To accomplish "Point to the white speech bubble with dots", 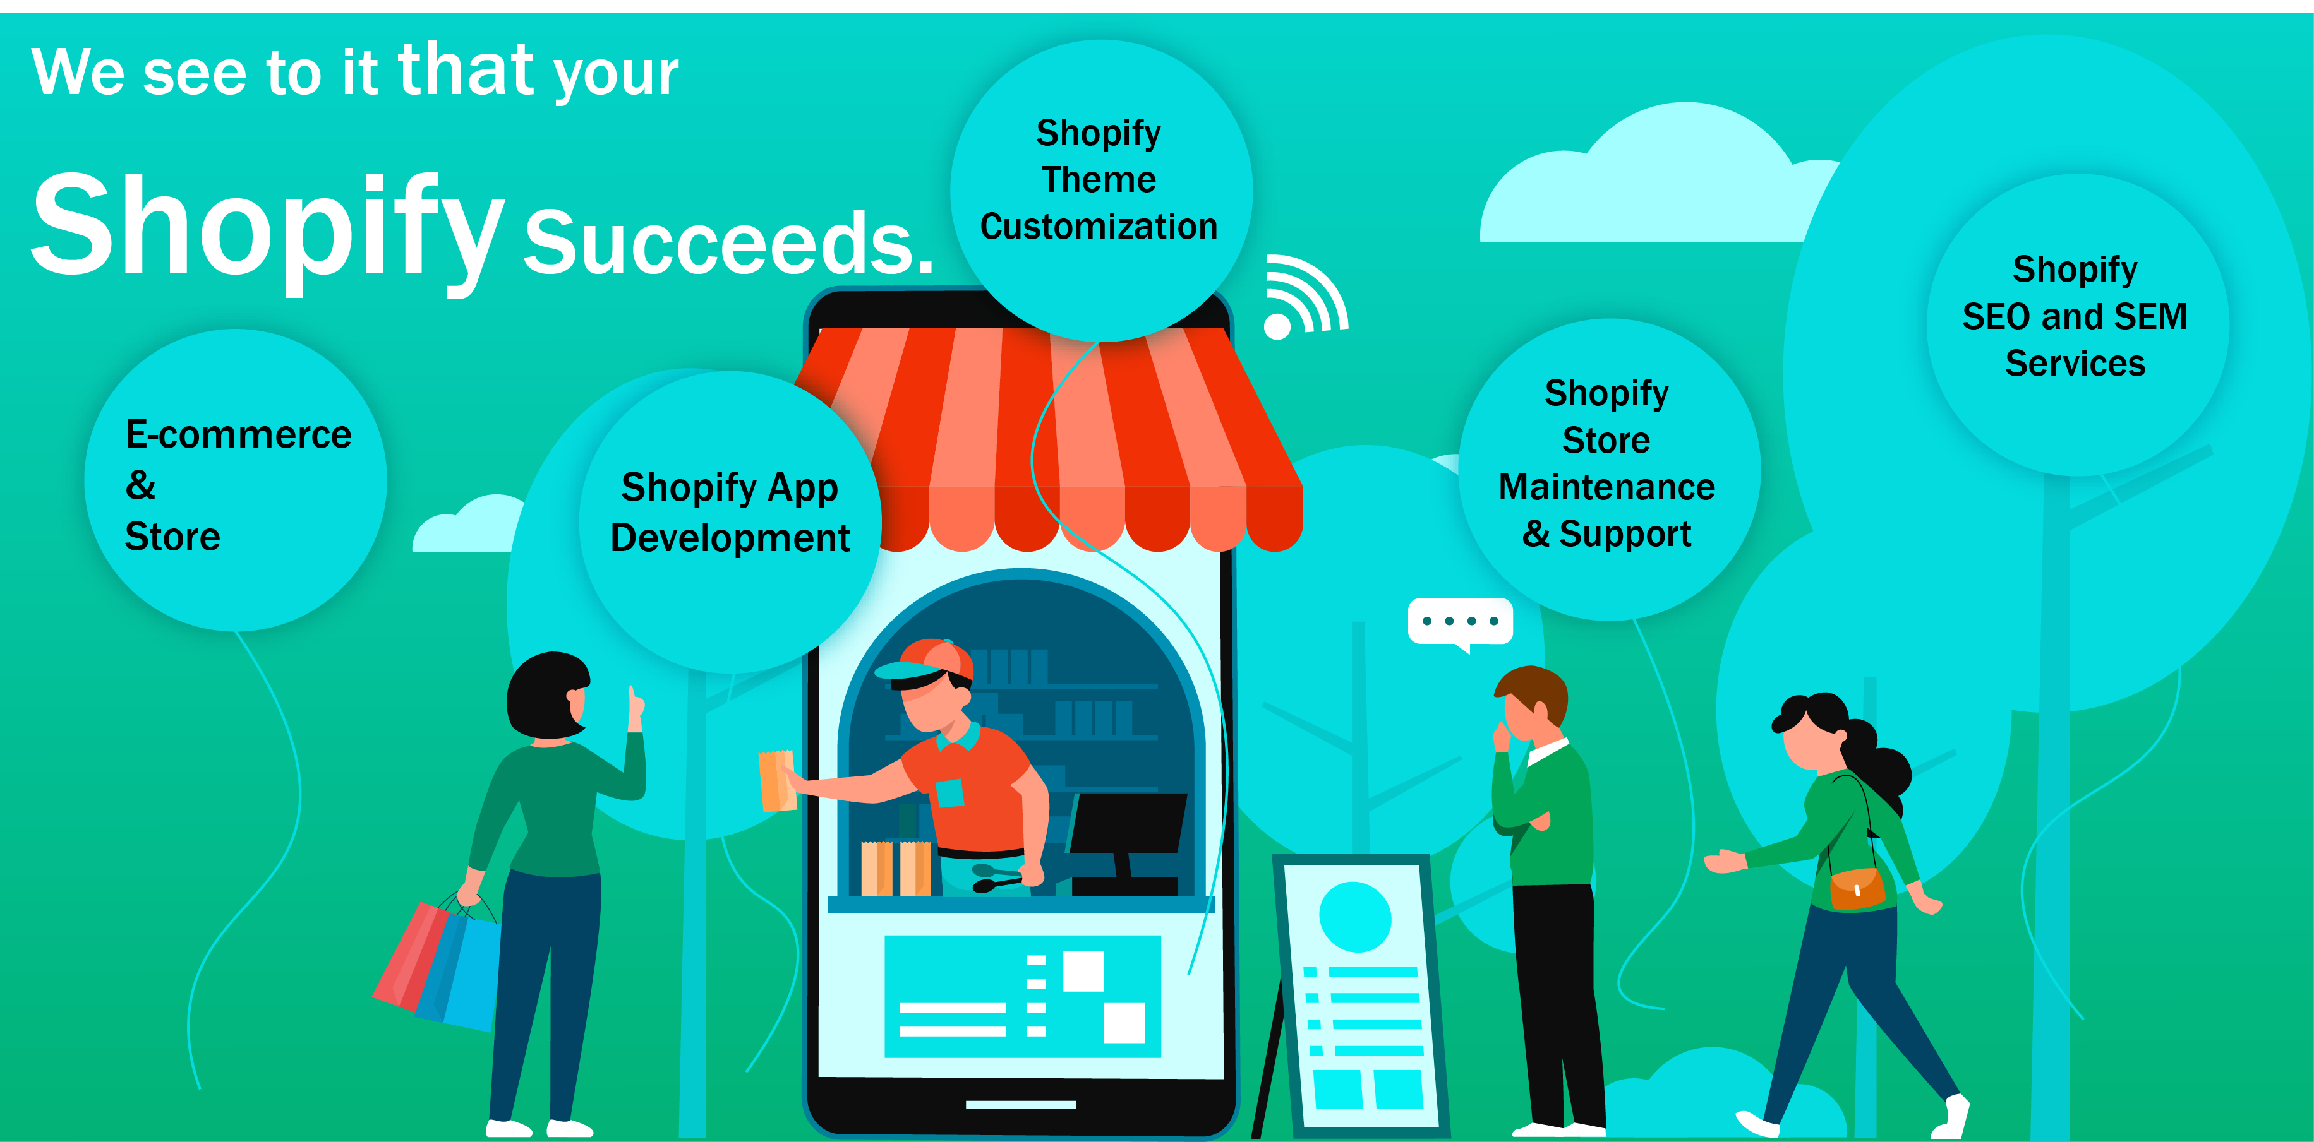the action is click(1461, 623).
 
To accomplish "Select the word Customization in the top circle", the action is click(1099, 226).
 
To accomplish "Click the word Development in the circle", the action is click(730, 538).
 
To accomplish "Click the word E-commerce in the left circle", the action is click(238, 434).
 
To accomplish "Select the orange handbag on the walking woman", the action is click(1857, 889).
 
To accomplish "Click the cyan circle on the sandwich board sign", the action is click(1354, 917).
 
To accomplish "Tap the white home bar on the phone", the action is click(1020, 1104).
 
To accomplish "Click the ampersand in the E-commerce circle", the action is click(140, 485).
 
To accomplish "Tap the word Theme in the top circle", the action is click(1099, 179).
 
